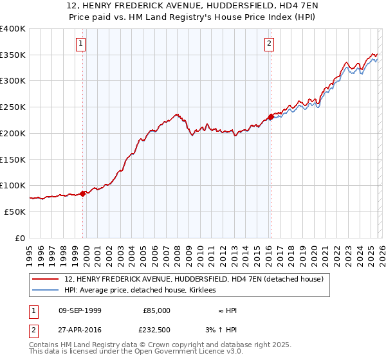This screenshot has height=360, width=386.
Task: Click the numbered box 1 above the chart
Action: (81, 44)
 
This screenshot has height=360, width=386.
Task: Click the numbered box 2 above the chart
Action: (268, 44)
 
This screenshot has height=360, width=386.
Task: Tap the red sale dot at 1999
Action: (83, 194)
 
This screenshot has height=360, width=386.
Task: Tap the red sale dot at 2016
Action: (271, 117)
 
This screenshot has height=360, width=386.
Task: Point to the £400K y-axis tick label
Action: (13, 29)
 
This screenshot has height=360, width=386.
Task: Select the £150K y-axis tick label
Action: (13, 159)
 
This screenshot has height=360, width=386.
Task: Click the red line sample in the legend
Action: (46, 279)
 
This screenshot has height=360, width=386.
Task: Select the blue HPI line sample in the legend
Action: (46, 291)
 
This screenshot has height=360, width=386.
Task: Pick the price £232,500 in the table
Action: (156, 330)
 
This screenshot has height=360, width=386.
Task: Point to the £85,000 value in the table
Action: (156, 310)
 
